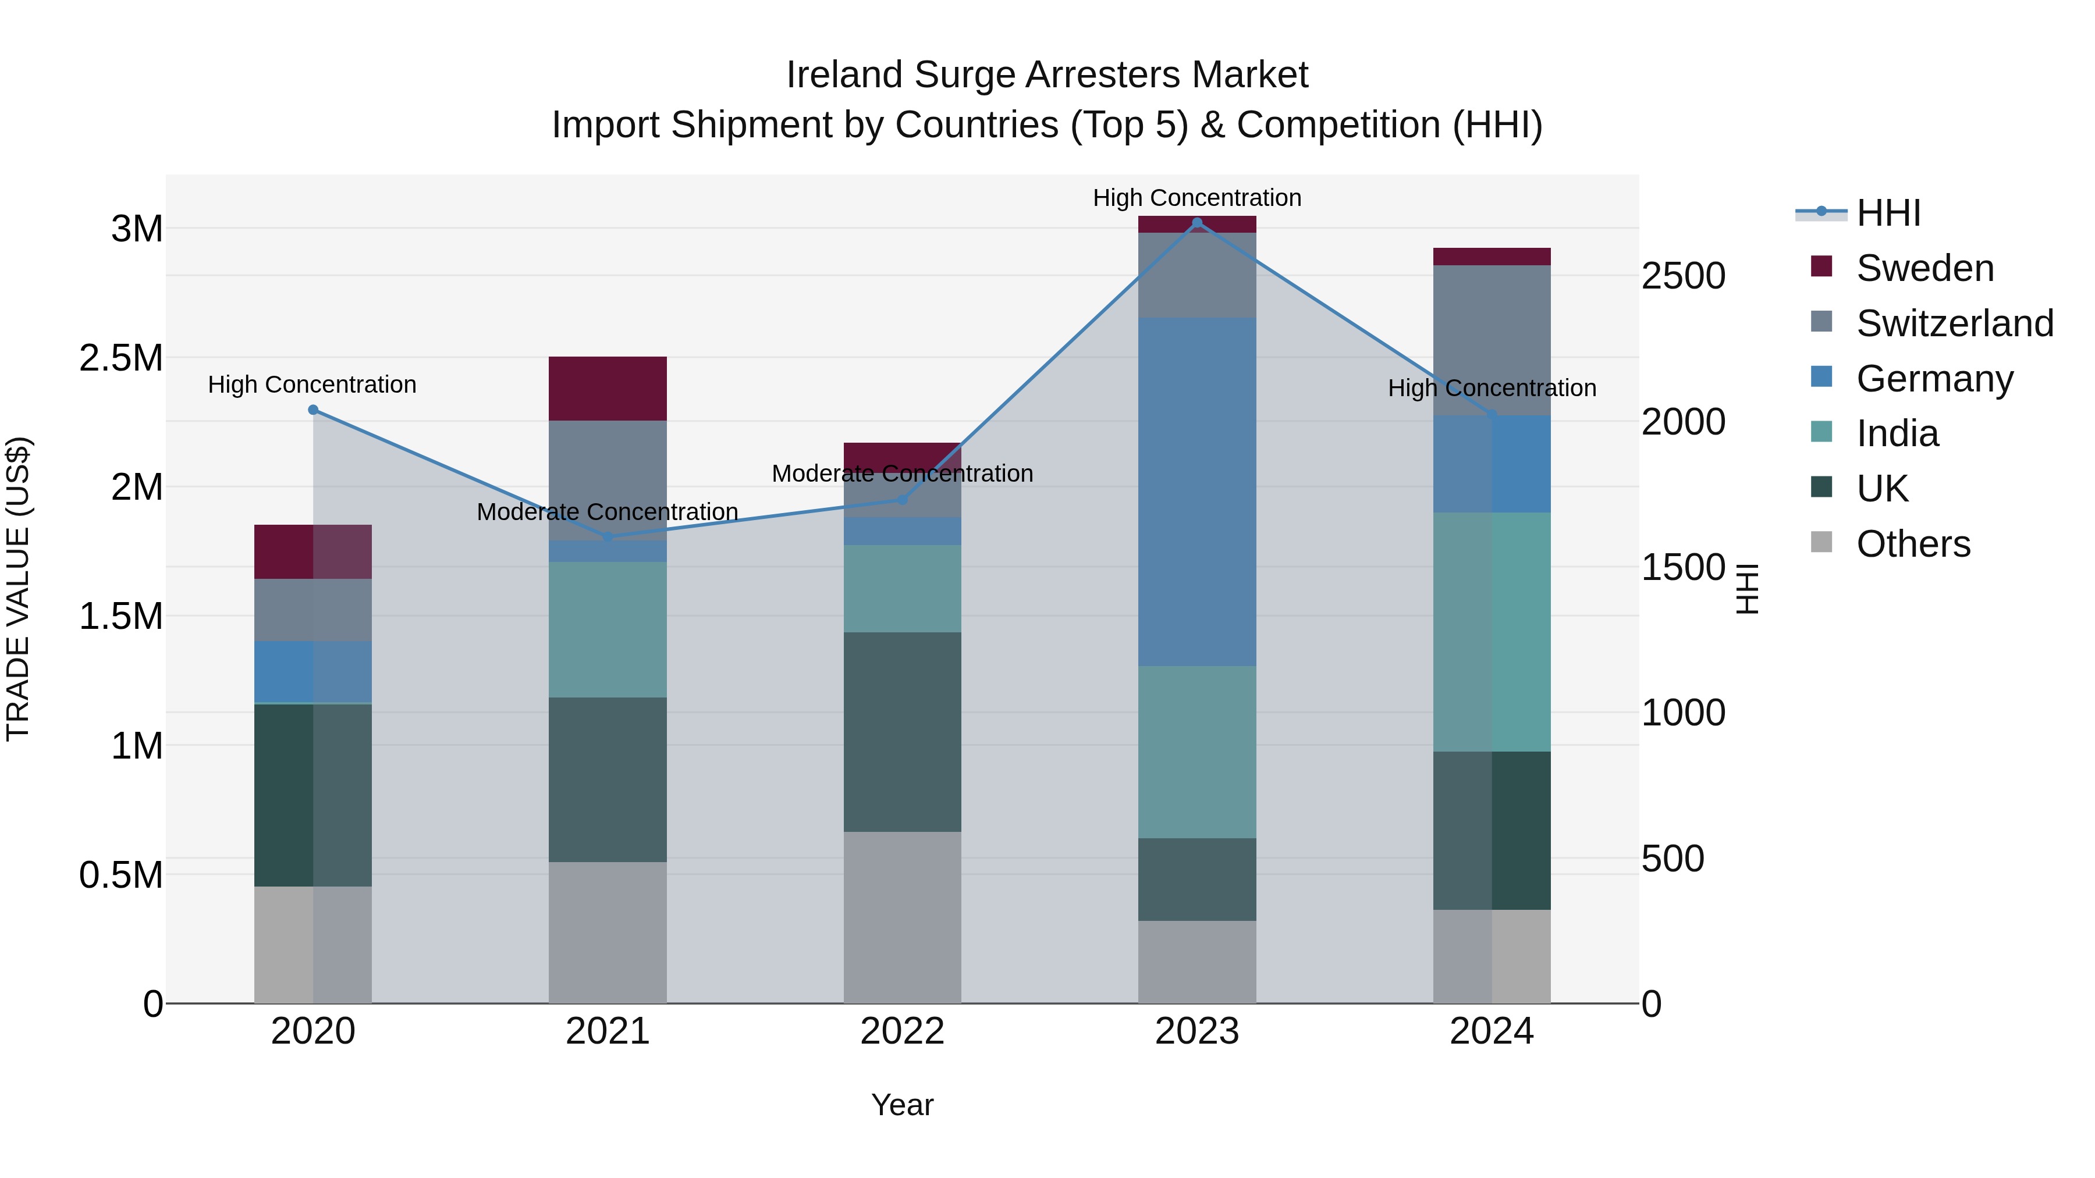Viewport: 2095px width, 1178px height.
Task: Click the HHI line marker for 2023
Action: (1196, 223)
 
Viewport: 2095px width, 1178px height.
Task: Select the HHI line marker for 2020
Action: (313, 410)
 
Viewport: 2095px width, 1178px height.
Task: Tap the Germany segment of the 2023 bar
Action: (1196, 492)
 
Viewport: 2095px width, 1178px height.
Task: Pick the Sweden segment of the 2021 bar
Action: (608, 389)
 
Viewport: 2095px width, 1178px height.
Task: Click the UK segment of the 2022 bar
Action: (902, 732)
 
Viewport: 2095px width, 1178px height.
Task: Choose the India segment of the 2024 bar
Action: (1492, 632)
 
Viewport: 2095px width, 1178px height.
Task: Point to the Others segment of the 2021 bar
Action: (608, 933)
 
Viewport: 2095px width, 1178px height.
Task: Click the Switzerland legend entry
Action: (1954, 323)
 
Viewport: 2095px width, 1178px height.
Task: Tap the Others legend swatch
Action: (1821, 542)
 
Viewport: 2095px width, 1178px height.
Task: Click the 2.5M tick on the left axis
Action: (121, 358)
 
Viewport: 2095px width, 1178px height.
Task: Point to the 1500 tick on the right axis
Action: (1682, 567)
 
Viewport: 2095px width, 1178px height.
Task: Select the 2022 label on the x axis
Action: (902, 1031)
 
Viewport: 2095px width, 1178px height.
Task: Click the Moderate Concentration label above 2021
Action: (608, 511)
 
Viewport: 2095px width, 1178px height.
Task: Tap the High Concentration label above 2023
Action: (1196, 198)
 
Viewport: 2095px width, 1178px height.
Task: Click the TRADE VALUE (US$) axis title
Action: (18, 589)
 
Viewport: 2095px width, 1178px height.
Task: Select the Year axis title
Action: (902, 1105)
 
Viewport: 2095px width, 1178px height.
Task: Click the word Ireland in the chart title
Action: (845, 75)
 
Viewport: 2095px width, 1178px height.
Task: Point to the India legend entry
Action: (1897, 433)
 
